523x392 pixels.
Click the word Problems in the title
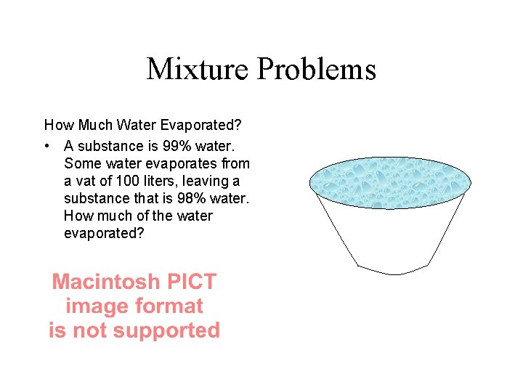tap(316, 70)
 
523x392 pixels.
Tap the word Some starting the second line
tap(81, 163)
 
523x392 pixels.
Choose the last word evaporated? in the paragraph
tap(104, 233)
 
